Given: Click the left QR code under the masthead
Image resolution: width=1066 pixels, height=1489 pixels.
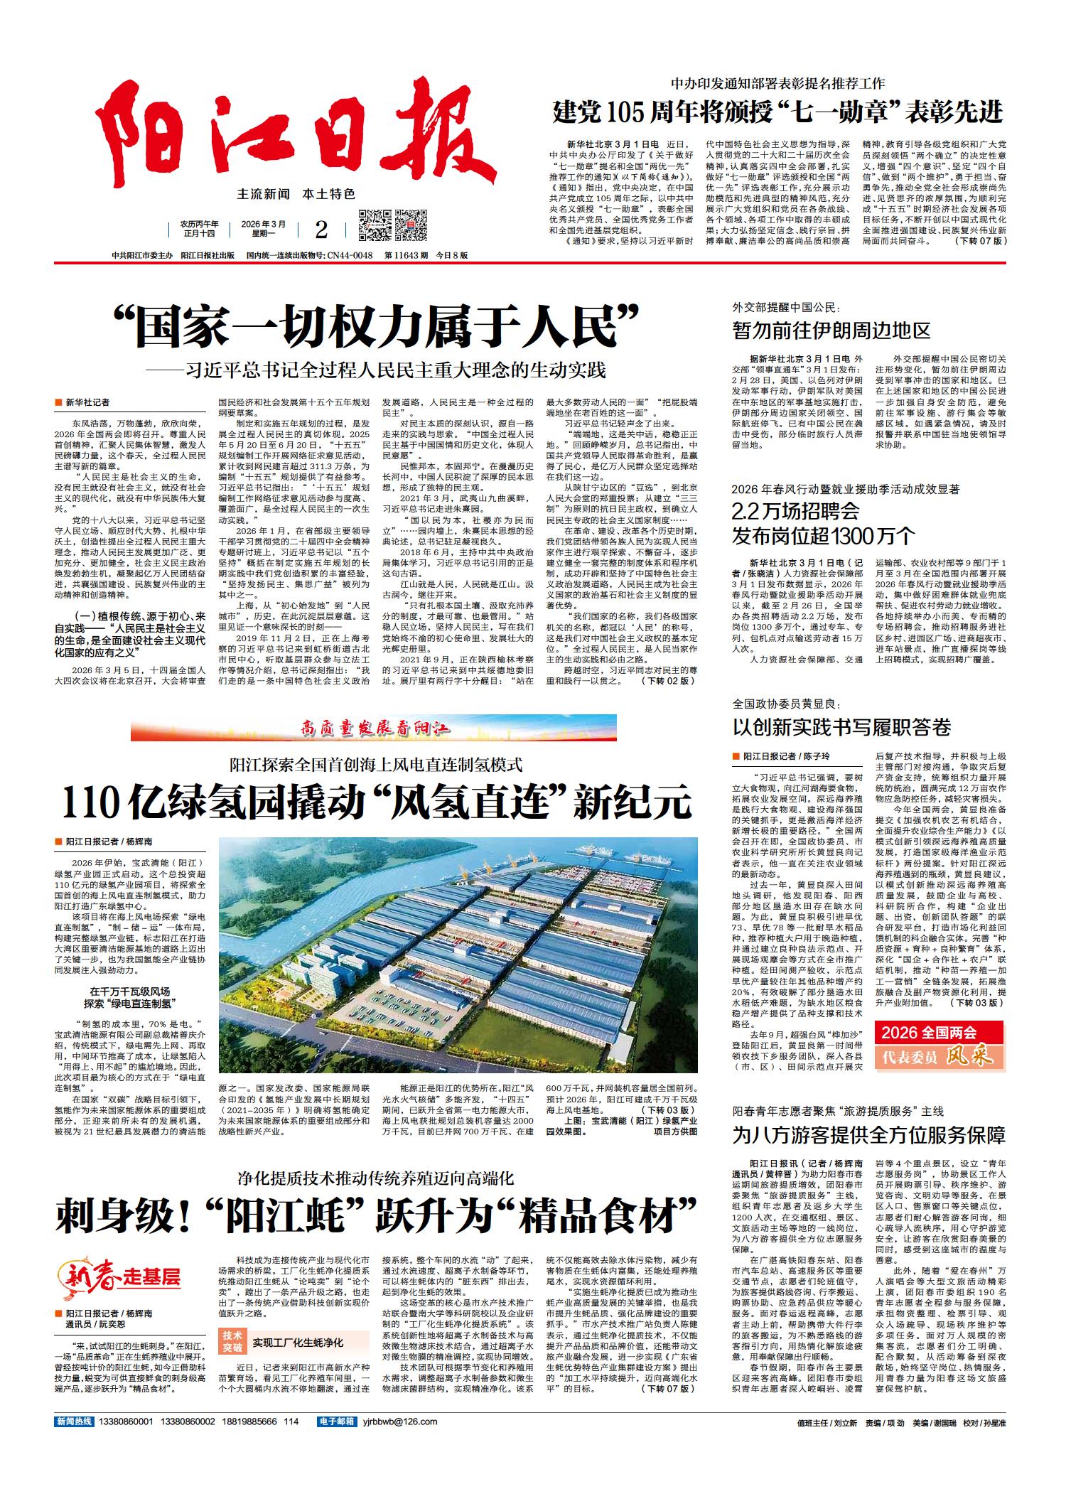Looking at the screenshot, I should [374, 225].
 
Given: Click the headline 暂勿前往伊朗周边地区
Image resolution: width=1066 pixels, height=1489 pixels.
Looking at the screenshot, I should [831, 330].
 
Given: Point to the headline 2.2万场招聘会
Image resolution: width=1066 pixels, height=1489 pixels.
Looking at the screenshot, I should [796, 511].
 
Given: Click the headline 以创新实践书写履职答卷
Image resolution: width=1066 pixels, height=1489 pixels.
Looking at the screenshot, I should [841, 727].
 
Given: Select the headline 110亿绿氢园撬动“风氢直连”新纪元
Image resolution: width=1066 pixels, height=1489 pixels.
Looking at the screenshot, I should [377, 803].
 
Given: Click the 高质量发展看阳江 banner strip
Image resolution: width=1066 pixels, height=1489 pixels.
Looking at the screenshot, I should [374, 729].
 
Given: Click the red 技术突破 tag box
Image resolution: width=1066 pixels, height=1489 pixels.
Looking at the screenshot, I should [232, 1342].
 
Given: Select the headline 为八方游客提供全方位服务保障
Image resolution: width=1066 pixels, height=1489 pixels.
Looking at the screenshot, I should [868, 1135].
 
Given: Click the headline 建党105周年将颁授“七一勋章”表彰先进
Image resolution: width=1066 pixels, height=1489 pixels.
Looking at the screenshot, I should [778, 112].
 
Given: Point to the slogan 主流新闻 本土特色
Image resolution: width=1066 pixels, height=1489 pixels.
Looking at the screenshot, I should [296, 193].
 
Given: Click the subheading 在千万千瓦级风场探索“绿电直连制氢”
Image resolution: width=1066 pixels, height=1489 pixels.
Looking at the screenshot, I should [129, 997].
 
